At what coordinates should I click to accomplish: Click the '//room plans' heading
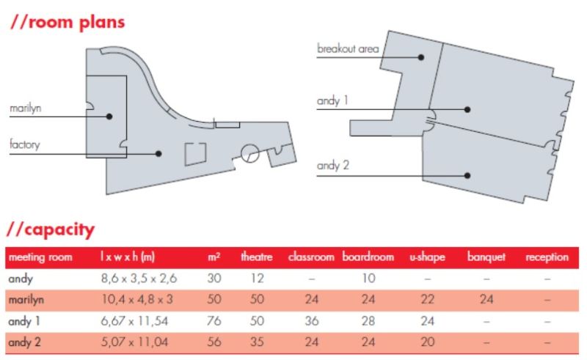pyautogui.click(x=68, y=23)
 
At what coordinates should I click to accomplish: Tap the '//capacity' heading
pyautogui.click(x=51, y=229)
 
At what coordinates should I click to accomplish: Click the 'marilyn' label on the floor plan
pyautogui.click(x=26, y=109)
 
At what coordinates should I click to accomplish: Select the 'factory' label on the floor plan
pyautogui.click(x=25, y=144)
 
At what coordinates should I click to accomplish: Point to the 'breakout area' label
pyautogui.click(x=348, y=48)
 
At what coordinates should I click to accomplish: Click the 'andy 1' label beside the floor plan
pyautogui.click(x=332, y=100)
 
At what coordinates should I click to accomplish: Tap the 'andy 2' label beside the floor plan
pyautogui.click(x=333, y=166)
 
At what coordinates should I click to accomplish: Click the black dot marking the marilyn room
pyautogui.click(x=109, y=117)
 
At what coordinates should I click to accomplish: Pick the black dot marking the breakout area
pyautogui.click(x=421, y=57)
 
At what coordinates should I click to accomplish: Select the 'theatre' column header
pyautogui.click(x=256, y=257)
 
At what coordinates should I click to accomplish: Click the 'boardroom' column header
pyautogui.click(x=368, y=257)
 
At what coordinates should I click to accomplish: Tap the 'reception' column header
pyautogui.click(x=547, y=257)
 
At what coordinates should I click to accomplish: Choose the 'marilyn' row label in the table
pyautogui.click(x=26, y=300)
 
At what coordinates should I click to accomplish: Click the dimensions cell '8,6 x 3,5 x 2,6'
pyautogui.click(x=139, y=279)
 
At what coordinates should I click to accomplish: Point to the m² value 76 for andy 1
pyautogui.click(x=214, y=321)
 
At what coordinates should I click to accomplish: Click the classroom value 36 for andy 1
pyautogui.click(x=311, y=321)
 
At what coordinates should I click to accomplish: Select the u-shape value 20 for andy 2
pyautogui.click(x=427, y=342)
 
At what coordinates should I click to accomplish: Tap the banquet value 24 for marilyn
pyautogui.click(x=486, y=299)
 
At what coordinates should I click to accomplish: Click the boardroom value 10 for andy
pyautogui.click(x=369, y=279)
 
